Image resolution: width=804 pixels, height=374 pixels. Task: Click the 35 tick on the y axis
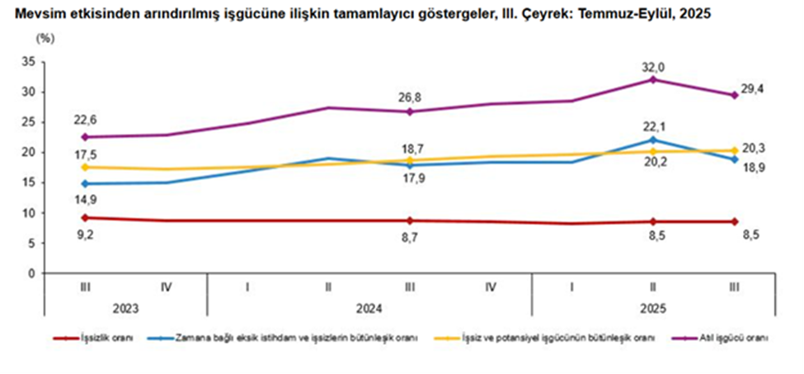(28, 62)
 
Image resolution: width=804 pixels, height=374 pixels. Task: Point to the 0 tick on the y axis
(31, 273)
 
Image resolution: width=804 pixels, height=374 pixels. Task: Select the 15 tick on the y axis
(28, 182)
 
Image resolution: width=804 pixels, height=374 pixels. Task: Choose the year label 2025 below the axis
(653, 309)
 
